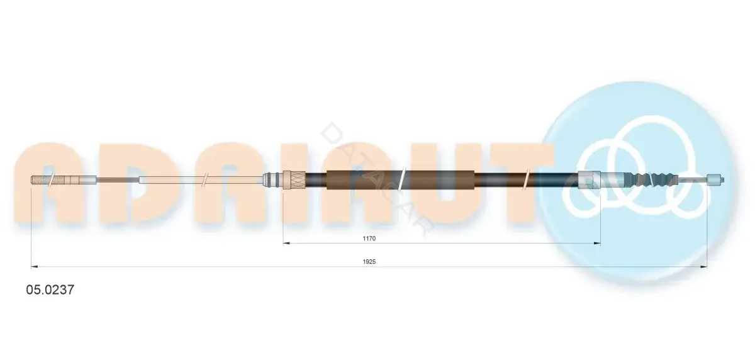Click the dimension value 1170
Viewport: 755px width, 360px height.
pos(369,239)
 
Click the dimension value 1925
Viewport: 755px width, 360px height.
pos(369,262)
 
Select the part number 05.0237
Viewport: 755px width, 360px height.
pos(50,290)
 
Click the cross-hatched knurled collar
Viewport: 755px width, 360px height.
pos(294,180)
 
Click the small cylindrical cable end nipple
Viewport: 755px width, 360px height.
pos(715,179)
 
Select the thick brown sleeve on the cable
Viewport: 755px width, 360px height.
pos(400,179)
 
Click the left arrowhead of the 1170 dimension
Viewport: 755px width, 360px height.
pos(286,243)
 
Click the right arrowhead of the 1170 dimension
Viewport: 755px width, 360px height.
pos(597,243)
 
